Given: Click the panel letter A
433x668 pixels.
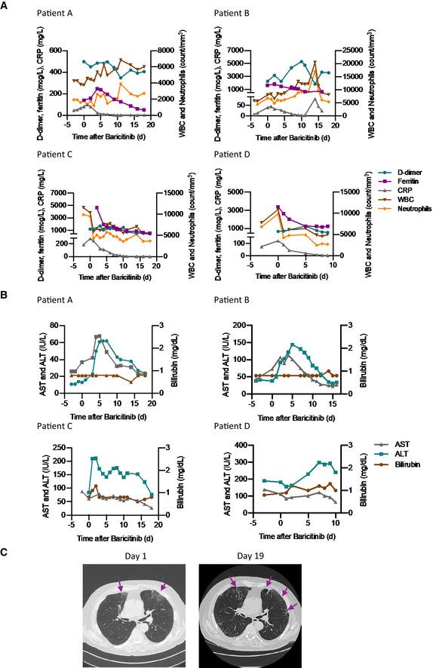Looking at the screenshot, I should pos(5,5).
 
